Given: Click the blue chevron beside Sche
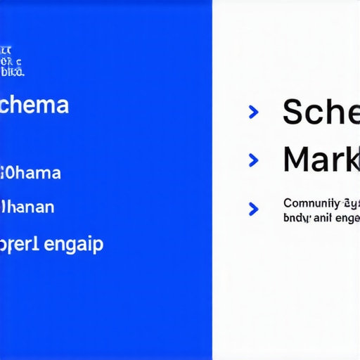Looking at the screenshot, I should pos(254,112).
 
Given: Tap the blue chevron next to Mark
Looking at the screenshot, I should pos(254,160).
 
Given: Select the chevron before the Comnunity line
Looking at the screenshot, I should pos(254,209).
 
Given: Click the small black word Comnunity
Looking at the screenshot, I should pos(309,203).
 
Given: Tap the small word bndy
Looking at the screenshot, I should pos(297,218).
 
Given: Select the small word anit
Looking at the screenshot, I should pos(324,218).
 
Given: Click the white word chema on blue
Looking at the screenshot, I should pos(34,105).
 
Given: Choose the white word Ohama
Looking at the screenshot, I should pos(31,172).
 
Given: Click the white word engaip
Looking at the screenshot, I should pos(74,245).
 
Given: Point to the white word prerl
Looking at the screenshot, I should pos(20,245).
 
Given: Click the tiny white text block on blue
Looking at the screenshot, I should pos(13,61).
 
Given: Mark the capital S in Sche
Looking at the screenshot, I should pos(294,112).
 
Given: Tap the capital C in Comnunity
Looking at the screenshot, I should pos(288,203).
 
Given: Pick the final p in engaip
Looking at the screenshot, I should pos(98,247).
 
